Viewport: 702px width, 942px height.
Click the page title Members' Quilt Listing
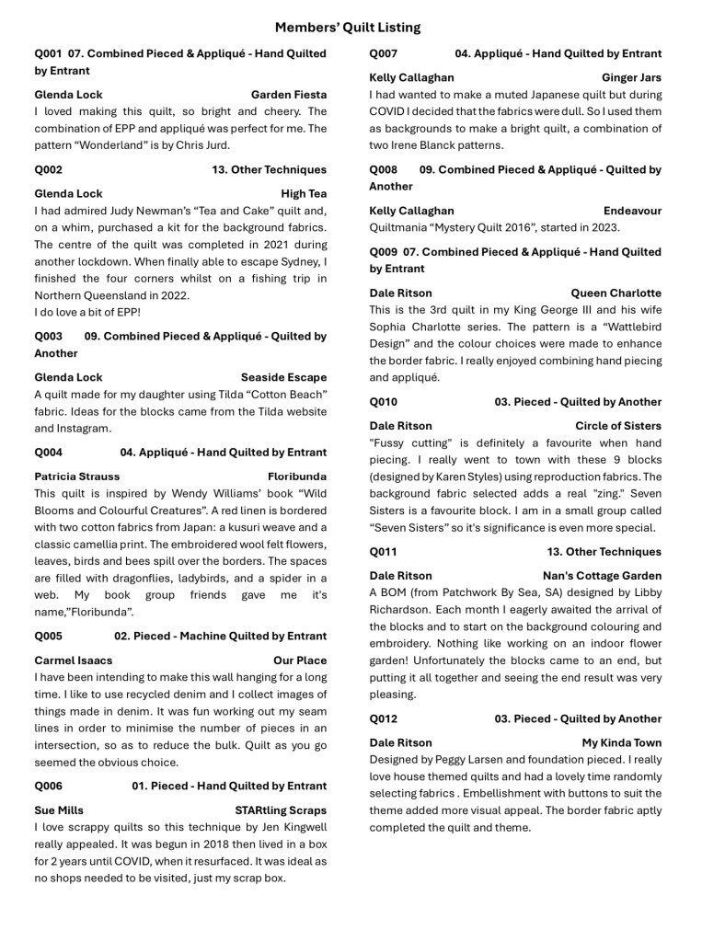[x=348, y=28]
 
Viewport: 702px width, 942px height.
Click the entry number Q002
[x=49, y=169]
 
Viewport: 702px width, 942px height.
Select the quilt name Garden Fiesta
[x=288, y=95]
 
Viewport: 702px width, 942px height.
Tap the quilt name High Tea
[x=304, y=194]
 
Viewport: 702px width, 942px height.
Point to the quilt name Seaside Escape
[x=283, y=377]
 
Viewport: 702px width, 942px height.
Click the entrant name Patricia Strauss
[x=77, y=477]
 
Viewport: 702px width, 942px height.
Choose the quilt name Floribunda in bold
[x=297, y=477]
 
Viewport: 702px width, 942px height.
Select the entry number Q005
[x=49, y=636]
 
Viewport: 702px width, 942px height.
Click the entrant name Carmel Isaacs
[x=74, y=661]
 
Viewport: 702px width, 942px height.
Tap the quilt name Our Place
[x=300, y=661]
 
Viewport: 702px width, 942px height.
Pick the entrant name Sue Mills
[x=59, y=810]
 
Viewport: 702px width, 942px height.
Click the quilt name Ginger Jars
[x=631, y=78]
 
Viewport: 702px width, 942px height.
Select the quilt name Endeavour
[x=632, y=211]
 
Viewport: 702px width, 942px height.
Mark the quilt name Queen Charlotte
[x=616, y=293]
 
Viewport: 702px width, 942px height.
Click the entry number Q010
[x=384, y=402]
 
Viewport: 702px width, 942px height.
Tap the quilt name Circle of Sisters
[x=618, y=426]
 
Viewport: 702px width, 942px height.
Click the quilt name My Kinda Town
[x=621, y=742]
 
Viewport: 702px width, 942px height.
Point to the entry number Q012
[x=384, y=718]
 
